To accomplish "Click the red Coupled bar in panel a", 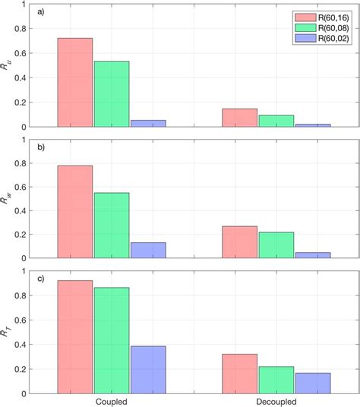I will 74,82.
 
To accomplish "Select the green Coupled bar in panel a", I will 111,93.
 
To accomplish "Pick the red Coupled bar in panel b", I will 74,213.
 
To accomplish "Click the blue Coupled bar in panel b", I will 147,251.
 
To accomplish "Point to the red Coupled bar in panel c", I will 74,337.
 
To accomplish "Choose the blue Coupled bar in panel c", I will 147,370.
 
